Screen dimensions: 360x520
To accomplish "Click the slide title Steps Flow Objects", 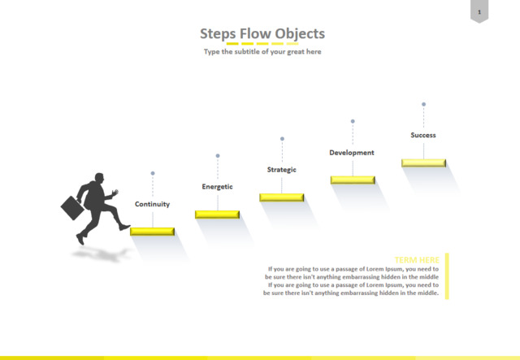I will [x=262, y=33].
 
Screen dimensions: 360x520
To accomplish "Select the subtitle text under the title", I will [x=262, y=51].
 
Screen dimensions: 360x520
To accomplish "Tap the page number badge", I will [x=479, y=11].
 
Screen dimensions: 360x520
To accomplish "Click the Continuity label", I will [x=152, y=204].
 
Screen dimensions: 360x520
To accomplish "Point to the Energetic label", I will [x=217, y=187].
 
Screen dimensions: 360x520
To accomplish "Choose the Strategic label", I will [x=282, y=169].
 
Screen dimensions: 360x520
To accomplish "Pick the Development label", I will [x=352, y=152].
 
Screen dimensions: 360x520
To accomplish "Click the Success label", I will [x=423, y=135].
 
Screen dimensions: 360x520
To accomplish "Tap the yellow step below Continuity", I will [x=153, y=232].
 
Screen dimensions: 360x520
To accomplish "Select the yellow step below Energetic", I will [x=217, y=214].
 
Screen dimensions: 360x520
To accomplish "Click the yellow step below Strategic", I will [x=282, y=197].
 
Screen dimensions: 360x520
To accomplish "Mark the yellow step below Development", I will [x=353, y=180].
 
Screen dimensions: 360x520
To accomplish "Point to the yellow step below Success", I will [x=423, y=163].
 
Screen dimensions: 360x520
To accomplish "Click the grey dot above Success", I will [x=423, y=104].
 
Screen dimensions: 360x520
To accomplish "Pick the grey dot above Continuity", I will [x=153, y=173].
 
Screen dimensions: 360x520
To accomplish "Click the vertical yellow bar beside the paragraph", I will [x=447, y=276].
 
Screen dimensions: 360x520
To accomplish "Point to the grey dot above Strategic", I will [x=282, y=139].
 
